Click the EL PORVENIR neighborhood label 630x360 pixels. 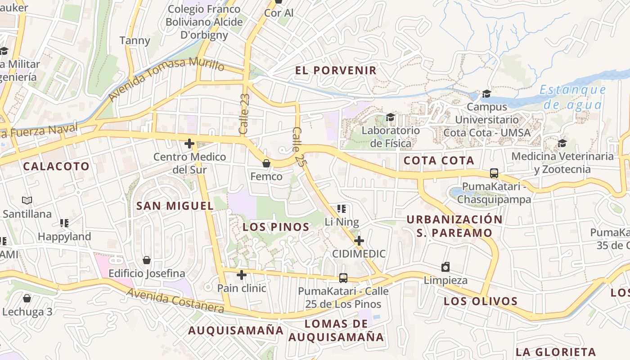click(336, 70)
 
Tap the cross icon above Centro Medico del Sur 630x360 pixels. click(189, 144)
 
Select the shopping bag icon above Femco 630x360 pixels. click(266, 163)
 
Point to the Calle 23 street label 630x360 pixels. click(245, 114)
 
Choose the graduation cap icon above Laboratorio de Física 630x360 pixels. click(390, 117)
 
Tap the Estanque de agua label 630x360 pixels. click(573, 97)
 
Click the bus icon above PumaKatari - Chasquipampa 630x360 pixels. click(494, 173)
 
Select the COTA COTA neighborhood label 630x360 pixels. click(439, 161)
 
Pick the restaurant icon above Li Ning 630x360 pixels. click(342, 208)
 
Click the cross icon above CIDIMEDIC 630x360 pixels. click(359, 240)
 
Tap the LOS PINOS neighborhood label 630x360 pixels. click(276, 227)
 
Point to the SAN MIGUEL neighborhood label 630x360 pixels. click(175, 206)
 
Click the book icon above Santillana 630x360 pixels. click(27, 201)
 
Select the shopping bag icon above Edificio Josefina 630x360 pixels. click(146, 260)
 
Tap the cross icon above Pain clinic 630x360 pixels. click(242, 274)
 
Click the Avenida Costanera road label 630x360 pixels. click(175, 301)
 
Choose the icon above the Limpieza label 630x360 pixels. click(445, 267)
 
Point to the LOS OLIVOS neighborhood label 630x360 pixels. click(481, 301)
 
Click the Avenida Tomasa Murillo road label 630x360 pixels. click(166, 78)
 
